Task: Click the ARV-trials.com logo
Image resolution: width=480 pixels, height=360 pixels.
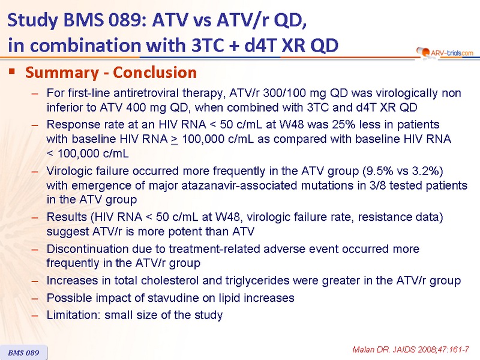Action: [445, 53]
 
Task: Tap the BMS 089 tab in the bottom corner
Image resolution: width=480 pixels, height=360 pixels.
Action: [23, 353]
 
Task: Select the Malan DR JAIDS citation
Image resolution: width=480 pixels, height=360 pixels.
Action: [410, 350]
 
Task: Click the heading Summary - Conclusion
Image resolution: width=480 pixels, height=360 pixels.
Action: [111, 73]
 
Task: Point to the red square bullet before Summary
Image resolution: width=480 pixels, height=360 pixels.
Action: [12, 71]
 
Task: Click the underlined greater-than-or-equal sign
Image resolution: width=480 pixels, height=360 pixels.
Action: [175, 140]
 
